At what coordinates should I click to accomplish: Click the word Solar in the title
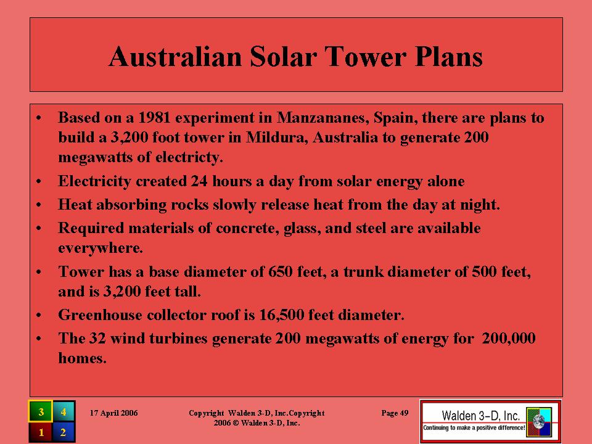pos(283,57)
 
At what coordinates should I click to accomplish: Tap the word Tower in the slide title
pos(366,57)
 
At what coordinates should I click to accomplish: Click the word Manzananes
pos(323,117)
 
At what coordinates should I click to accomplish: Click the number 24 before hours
pos(199,181)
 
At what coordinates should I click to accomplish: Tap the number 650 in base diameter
pos(281,272)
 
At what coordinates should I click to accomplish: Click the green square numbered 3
pos(41,411)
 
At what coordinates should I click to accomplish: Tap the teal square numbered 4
pos(64,411)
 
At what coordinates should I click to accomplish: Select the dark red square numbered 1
pos(41,432)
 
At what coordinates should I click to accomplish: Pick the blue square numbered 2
pos(64,432)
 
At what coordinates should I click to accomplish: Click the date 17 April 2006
pos(113,413)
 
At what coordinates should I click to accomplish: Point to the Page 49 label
pos(395,413)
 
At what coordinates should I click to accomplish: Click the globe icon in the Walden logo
pos(539,421)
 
